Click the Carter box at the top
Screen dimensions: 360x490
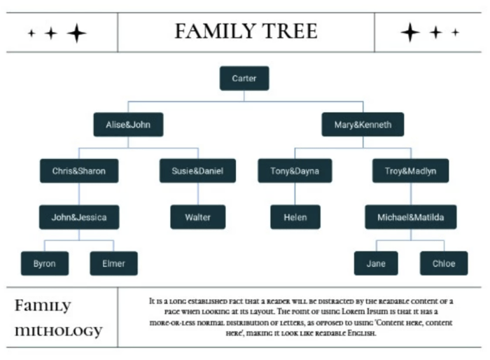click(244, 78)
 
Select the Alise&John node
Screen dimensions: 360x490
click(128, 125)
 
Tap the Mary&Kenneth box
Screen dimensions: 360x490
click(363, 125)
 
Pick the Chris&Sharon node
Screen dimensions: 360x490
click(79, 171)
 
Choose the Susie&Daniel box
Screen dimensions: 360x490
click(197, 171)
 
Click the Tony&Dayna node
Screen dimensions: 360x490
click(294, 171)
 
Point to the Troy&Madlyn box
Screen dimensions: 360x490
click(410, 171)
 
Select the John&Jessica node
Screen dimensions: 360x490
click(79, 217)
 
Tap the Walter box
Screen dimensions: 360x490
click(197, 217)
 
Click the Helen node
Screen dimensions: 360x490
click(295, 217)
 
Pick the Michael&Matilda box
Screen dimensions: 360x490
click(410, 217)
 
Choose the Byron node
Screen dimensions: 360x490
click(45, 263)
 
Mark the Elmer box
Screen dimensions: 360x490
click(113, 263)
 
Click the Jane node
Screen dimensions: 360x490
click(376, 263)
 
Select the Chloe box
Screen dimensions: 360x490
click(444, 263)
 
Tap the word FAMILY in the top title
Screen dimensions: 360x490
click(211, 32)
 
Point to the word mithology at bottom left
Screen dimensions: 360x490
click(59, 331)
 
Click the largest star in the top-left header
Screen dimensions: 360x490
click(76, 33)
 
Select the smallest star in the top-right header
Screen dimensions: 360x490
click(456, 32)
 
